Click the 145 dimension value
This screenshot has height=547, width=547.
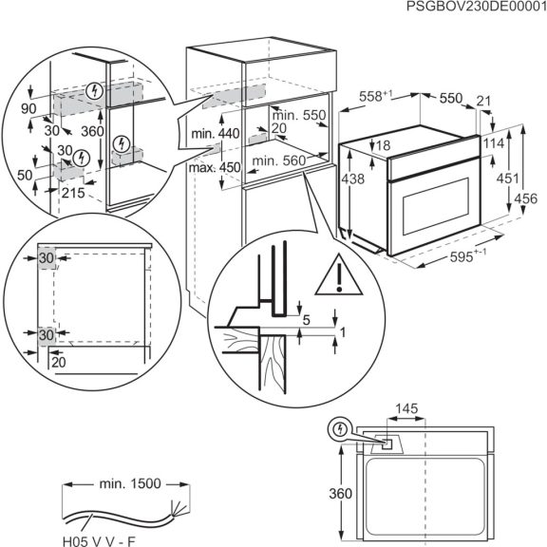[x=406, y=409]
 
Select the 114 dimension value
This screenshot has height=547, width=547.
[x=492, y=142]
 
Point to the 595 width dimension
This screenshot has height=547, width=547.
[x=469, y=259]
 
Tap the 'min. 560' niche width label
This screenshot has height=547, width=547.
[x=279, y=161]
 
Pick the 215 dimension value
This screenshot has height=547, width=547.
[x=73, y=193]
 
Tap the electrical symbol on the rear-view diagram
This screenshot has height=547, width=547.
[x=338, y=429]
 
